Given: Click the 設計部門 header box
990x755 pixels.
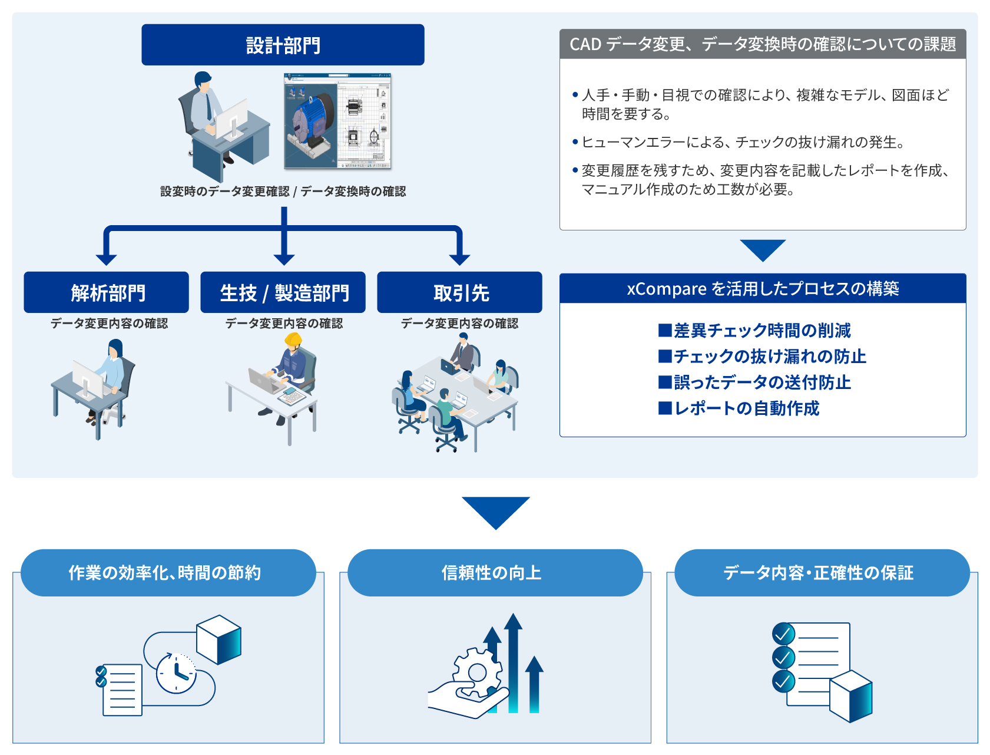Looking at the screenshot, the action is coord(283,45).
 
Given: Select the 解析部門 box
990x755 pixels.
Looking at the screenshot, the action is coord(106,292).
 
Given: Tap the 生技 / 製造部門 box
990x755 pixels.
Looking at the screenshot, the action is coord(283,292).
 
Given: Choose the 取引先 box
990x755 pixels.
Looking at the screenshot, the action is coord(459,292).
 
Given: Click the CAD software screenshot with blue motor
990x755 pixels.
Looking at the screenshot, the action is coord(337,121).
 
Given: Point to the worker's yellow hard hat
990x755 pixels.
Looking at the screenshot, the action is coord(293,339).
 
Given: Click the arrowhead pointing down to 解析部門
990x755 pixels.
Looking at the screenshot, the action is coord(107,260).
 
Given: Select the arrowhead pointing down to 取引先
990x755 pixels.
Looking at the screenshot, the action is coord(459,260).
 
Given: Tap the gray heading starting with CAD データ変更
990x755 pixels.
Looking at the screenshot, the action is coord(763,44).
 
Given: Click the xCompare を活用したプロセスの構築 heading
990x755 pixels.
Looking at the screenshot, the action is coord(763,289).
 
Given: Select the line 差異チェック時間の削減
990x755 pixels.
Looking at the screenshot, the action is coord(754,331).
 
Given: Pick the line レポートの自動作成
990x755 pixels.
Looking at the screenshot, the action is coord(739,408).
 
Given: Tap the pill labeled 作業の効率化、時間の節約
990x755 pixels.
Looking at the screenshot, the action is coord(168,573).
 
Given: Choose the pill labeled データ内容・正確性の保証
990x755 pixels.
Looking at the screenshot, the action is coord(822,573).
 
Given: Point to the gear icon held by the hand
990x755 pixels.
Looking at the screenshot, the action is coord(477,672).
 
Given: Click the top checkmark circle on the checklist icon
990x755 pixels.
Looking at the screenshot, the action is coord(783,634).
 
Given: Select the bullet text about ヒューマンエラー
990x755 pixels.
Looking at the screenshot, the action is coord(743,142).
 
